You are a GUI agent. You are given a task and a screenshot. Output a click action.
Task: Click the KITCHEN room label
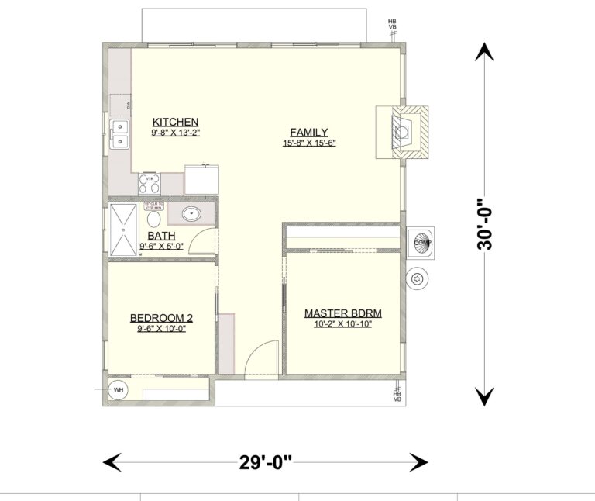click(x=176, y=122)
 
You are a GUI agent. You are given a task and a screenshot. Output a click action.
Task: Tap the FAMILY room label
click(x=309, y=132)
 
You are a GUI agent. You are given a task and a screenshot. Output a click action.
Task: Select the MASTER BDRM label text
click(x=343, y=313)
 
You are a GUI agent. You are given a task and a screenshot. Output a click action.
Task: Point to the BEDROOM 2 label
click(x=161, y=317)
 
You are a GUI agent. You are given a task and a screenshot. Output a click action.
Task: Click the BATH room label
click(x=161, y=236)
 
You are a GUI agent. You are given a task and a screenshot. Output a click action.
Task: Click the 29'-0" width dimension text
click(x=265, y=463)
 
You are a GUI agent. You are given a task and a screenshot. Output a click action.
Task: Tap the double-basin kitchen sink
click(x=119, y=134)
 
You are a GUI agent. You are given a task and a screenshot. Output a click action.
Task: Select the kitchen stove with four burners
click(x=150, y=183)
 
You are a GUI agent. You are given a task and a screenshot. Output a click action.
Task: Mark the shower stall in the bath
click(x=122, y=230)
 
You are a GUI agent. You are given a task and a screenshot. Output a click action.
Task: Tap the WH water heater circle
click(x=119, y=389)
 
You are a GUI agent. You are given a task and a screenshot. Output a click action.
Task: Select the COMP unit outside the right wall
click(x=421, y=243)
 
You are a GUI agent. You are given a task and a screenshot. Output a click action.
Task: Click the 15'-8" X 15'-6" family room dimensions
click(x=309, y=143)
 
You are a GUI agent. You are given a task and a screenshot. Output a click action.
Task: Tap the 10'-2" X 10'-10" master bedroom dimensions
click(x=343, y=324)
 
